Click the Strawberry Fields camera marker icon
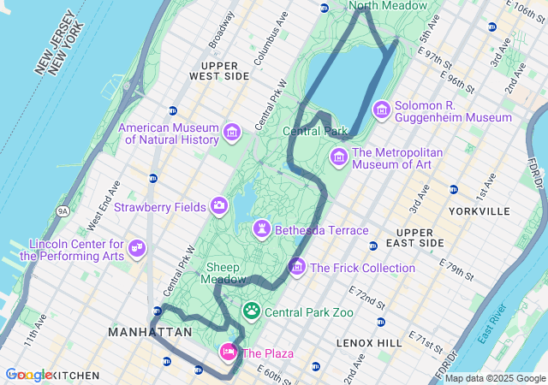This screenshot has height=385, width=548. (219, 206)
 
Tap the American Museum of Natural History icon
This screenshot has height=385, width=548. (231, 133)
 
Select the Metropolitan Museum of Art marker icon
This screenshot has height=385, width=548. (339, 157)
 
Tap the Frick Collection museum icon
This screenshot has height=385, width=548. (297, 267)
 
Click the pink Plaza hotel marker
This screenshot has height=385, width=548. (229, 352)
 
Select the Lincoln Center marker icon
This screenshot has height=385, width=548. (136, 249)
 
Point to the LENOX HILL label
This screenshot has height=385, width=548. (369, 342)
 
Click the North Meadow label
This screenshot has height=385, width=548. (388, 6)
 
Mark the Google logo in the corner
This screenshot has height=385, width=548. (27, 375)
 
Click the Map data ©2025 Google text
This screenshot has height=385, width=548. (494, 378)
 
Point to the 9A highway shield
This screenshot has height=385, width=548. (63, 210)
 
